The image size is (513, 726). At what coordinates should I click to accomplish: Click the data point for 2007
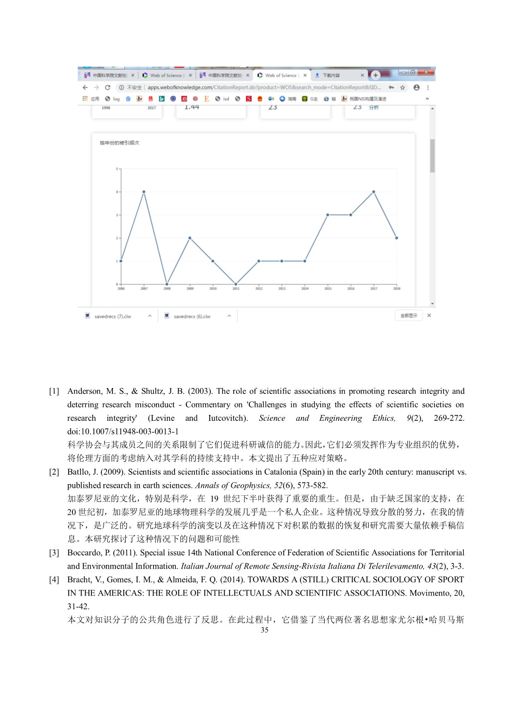[144, 192]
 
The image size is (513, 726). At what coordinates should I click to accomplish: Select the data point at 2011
[236, 284]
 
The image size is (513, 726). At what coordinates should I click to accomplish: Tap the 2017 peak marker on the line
[374, 192]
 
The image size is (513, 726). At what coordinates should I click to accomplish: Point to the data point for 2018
[397, 238]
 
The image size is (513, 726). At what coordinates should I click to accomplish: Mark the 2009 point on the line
[190, 238]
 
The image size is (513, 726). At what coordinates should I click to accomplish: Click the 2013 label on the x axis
[282, 289]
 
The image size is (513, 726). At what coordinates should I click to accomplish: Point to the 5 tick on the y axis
[117, 169]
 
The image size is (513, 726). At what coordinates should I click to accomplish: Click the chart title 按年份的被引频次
[119, 143]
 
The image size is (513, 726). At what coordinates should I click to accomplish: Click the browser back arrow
[85, 87]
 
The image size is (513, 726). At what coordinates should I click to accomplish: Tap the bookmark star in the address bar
[403, 87]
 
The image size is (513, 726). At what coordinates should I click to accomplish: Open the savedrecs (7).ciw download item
[113, 316]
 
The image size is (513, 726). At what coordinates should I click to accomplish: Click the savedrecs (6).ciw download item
[192, 316]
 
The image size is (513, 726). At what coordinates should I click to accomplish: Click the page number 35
[264, 630]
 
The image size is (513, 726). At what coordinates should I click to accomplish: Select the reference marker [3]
[54, 552]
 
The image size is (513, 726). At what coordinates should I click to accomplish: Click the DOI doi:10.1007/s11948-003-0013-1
[123, 431]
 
